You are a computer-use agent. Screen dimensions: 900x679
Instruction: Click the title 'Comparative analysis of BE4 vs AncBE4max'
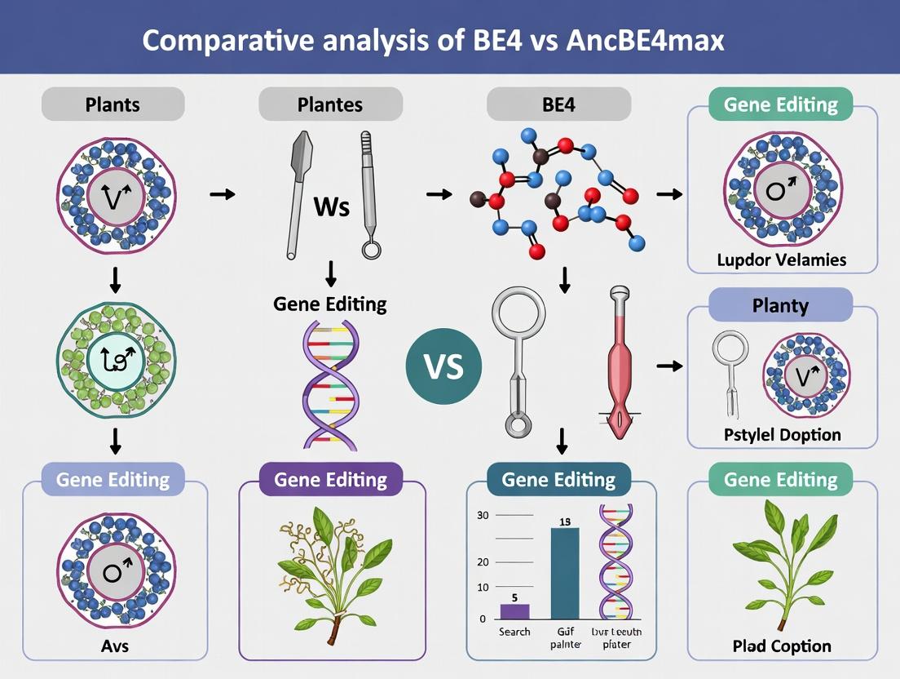[x=433, y=41]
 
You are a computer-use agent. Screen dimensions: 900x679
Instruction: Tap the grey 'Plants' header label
[x=112, y=104]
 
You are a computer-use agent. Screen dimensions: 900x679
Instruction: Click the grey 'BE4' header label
[x=558, y=104]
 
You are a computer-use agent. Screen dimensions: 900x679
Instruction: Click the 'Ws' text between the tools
[x=331, y=206]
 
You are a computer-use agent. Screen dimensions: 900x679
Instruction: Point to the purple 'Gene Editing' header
[x=330, y=479]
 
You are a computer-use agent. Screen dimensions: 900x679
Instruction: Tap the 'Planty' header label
[x=781, y=306]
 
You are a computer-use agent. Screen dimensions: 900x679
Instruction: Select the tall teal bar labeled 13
[x=565, y=573]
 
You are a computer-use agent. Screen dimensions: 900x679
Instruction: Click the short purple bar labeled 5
[x=514, y=611]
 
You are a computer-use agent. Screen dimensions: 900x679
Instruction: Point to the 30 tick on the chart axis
[x=482, y=515]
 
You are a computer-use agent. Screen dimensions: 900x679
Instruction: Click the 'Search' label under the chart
[x=514, y=632]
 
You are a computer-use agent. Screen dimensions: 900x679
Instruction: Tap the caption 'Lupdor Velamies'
[x=782, y=260]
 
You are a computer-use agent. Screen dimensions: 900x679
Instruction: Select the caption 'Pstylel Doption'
[x=782, y=434]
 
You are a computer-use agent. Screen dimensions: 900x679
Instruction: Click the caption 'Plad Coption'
[x=782, y=646]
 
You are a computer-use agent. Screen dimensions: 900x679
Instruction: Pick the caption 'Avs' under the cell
[x=114, y=647]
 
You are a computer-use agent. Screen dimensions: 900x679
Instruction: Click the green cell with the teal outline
[x=114, y=356]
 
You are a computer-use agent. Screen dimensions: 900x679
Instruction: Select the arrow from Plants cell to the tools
[x=222, y=194]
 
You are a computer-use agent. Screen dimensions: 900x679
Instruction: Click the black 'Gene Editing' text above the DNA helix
[x=330, y=304]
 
